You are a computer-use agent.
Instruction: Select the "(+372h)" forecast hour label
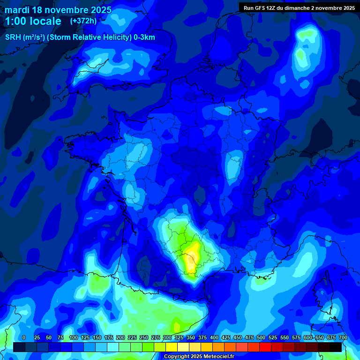click(x=83, y=21)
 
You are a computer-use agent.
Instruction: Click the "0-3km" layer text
click(x=144, y=37)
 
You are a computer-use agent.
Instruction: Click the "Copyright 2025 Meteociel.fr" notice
click(x=199, y=356)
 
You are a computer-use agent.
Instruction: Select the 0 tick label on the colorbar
click(x=24, y=337)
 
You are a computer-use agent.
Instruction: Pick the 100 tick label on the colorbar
click(x=74, y=337)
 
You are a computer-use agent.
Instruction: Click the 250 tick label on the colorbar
click(x=144, y=337)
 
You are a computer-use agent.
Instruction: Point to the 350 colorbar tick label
click(x=191, y=337)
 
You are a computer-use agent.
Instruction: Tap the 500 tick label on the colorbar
click(x=261, y=337)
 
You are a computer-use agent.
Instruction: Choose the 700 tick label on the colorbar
click(x=343, y=337)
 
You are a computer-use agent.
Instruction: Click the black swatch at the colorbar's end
click(x=336, y=347)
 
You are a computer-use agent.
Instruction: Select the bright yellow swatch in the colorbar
click(x=172, y=347)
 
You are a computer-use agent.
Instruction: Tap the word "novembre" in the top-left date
click(x=66, y=10)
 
